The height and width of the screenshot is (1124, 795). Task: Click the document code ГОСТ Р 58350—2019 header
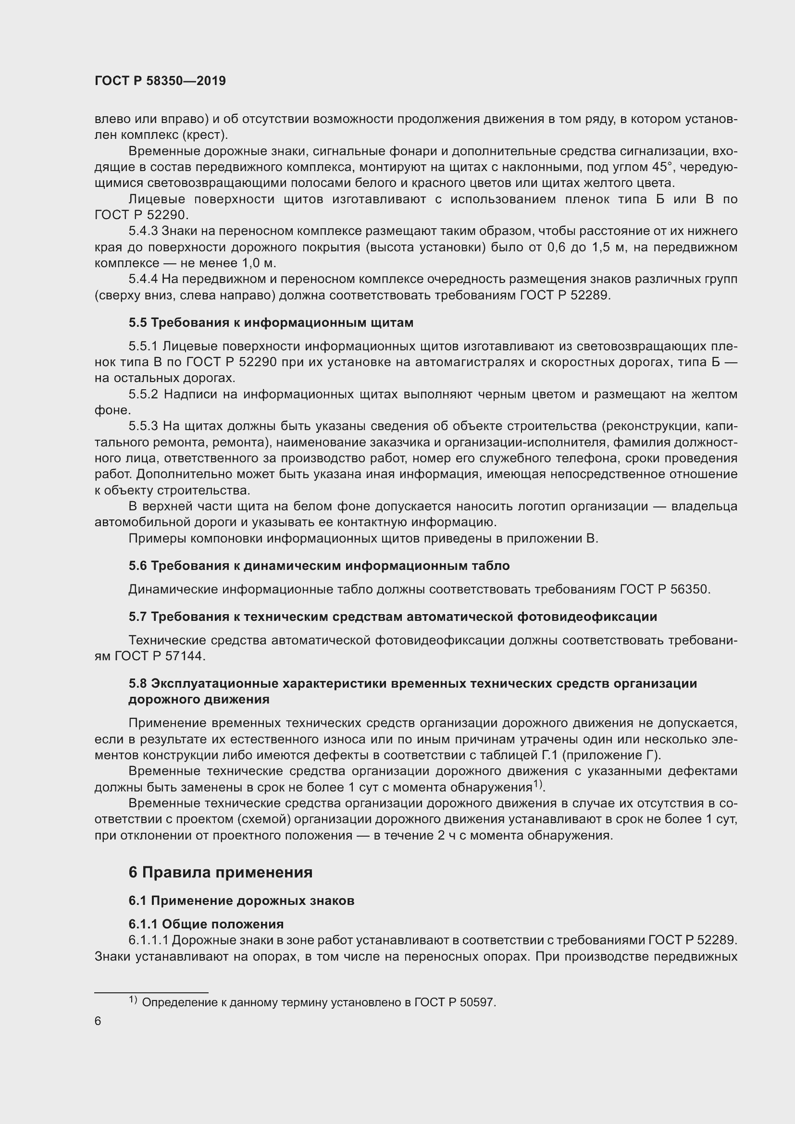click(x=160, y=81)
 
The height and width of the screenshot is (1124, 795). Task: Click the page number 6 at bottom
click(x=98, y=1021)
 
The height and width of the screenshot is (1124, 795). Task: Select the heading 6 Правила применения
click(x=220, y=872)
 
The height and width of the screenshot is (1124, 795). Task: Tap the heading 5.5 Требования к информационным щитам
click(x=271, y=322)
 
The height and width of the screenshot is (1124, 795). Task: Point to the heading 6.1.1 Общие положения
click(x=206, y=924)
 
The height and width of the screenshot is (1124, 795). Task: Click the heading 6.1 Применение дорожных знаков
click(x=241, y=900)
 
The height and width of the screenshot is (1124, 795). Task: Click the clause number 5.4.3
click(x=142, y=231)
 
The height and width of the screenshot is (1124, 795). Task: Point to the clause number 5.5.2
click(x=143, y=394)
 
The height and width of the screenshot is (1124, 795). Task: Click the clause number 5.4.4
click(x=143, y=279)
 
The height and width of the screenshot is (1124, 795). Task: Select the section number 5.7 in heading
click(x=137, y=617)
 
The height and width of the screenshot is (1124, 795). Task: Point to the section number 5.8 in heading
click(x=137, y=683)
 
